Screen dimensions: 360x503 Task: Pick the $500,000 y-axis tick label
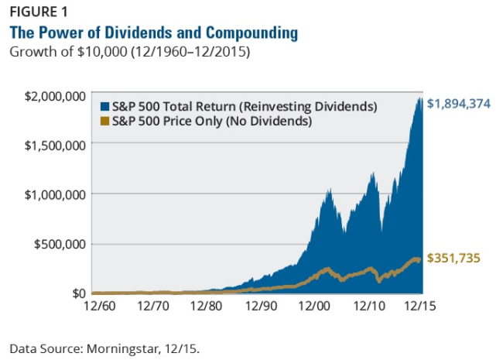click(x=60, y=245)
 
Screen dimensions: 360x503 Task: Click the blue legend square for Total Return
click(x=105, y=106)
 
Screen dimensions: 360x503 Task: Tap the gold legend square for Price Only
click(x=105, y=121)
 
